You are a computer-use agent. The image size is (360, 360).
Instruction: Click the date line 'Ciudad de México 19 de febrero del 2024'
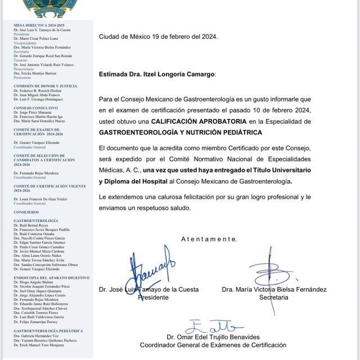158,37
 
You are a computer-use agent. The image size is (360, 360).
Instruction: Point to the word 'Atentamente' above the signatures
209,239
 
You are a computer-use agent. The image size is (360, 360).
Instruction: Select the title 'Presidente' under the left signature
153,297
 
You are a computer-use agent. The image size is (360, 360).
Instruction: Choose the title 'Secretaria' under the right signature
274,297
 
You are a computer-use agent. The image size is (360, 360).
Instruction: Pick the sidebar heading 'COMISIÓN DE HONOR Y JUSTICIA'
45,86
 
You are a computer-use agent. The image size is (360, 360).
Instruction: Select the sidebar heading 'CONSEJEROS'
26,212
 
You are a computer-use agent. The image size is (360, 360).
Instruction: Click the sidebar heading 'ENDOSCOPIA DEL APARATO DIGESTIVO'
51,278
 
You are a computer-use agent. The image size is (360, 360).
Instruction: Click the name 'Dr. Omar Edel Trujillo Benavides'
213,336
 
